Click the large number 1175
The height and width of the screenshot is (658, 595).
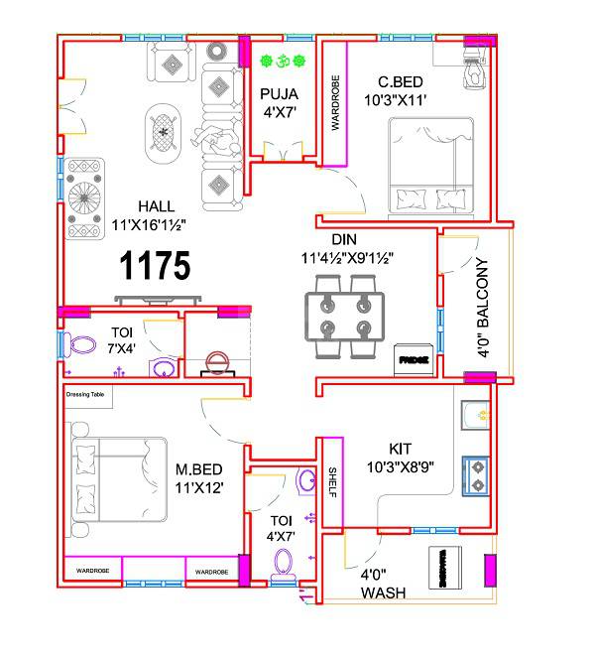[x=154, y=267]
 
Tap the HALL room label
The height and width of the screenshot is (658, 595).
[x=156, y=206]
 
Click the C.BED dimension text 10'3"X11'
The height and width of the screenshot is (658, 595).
[x=394, y=101]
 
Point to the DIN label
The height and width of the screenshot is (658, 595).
[x=344, y=239]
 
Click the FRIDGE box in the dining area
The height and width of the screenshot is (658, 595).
[x=414, y=360]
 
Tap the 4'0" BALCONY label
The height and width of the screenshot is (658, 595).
[x=483, y=308]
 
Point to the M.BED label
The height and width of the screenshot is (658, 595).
[x=199, y=469]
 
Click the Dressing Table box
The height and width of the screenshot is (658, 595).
[x=87, y=395]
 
